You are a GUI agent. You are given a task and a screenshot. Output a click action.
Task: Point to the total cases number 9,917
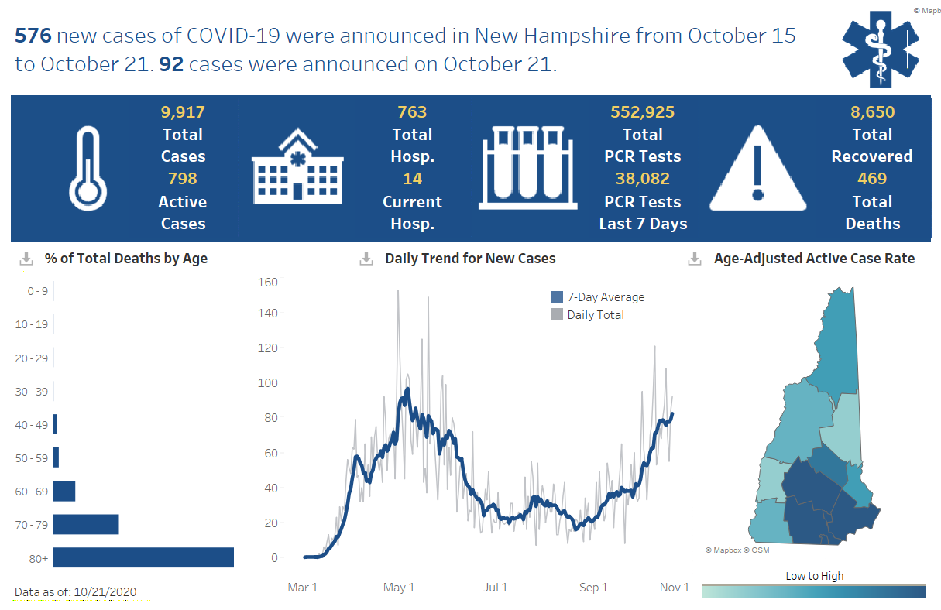183,112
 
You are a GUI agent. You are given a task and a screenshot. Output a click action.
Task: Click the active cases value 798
183,179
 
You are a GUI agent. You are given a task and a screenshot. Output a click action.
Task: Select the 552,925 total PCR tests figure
642,112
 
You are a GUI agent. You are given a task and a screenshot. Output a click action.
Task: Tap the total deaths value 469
872,179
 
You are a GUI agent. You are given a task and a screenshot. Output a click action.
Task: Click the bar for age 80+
143,557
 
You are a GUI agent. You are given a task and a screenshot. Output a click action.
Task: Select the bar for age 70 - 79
86,524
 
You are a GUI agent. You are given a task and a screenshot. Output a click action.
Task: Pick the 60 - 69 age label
31,492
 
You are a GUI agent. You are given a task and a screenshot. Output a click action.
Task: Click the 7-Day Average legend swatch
557,297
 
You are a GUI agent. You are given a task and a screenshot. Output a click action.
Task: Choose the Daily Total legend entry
595,315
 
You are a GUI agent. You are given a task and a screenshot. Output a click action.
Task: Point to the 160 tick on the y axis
268,282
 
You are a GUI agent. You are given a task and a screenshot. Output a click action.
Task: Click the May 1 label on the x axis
399,588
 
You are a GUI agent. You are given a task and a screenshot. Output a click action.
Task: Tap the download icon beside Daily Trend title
367,259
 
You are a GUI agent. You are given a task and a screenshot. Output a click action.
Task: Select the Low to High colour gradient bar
813,591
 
